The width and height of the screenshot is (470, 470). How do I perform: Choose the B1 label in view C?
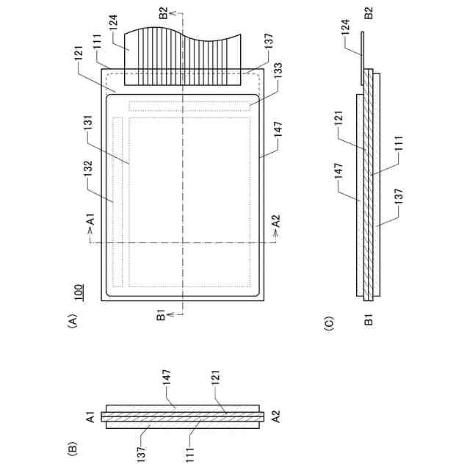point(369,319)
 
